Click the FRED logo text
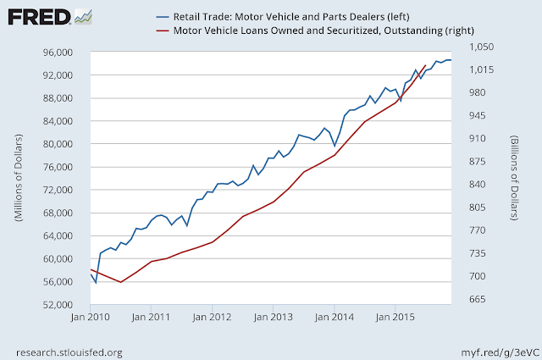39,17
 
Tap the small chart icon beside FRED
83,17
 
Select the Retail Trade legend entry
283,17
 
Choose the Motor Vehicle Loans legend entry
315,30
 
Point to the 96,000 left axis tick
58,53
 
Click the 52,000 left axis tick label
58,305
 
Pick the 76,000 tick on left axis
58,167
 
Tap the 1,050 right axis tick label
481,47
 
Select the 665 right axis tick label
478,299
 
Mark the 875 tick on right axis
478,161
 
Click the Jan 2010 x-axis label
91,317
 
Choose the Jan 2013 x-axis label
273,317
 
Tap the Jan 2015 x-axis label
395,317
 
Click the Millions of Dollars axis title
19,177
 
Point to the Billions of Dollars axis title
514,178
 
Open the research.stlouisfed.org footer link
69,352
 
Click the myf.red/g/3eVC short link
500,352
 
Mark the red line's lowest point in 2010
120,282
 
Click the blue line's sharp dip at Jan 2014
335,146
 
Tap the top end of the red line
425,65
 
